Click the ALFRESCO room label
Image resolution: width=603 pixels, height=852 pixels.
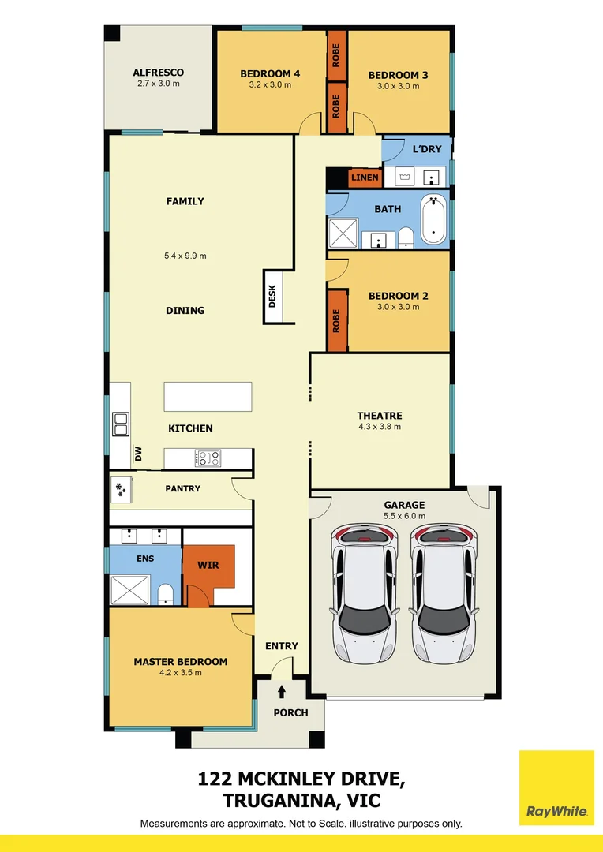tap(158, 73)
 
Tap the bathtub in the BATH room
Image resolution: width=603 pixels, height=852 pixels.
tap(433, 219)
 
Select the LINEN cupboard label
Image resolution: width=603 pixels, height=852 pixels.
tap(365, 177)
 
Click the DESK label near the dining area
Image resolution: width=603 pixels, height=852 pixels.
tap(273, 297)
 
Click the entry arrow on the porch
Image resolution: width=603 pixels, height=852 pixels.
tap(282, 692)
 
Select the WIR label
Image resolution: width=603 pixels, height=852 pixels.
tap(208, 566)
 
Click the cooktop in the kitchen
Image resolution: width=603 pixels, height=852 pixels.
tap(208, 457)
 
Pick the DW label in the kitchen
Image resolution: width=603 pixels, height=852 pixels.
tap(138, 454)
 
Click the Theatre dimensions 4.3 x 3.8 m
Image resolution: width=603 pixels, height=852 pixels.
tap(380, 427)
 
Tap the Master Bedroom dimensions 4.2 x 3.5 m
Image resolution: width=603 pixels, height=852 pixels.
tap(181, 673)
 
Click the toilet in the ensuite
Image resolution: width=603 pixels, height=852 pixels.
tap(165, 593)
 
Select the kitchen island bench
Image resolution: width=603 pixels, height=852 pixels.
tap(208, 396)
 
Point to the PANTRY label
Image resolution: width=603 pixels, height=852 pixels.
tap(182, 488)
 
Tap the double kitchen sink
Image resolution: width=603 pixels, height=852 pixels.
tap(121, 424)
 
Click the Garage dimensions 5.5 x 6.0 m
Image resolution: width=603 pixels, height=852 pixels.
tap(404, 516)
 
